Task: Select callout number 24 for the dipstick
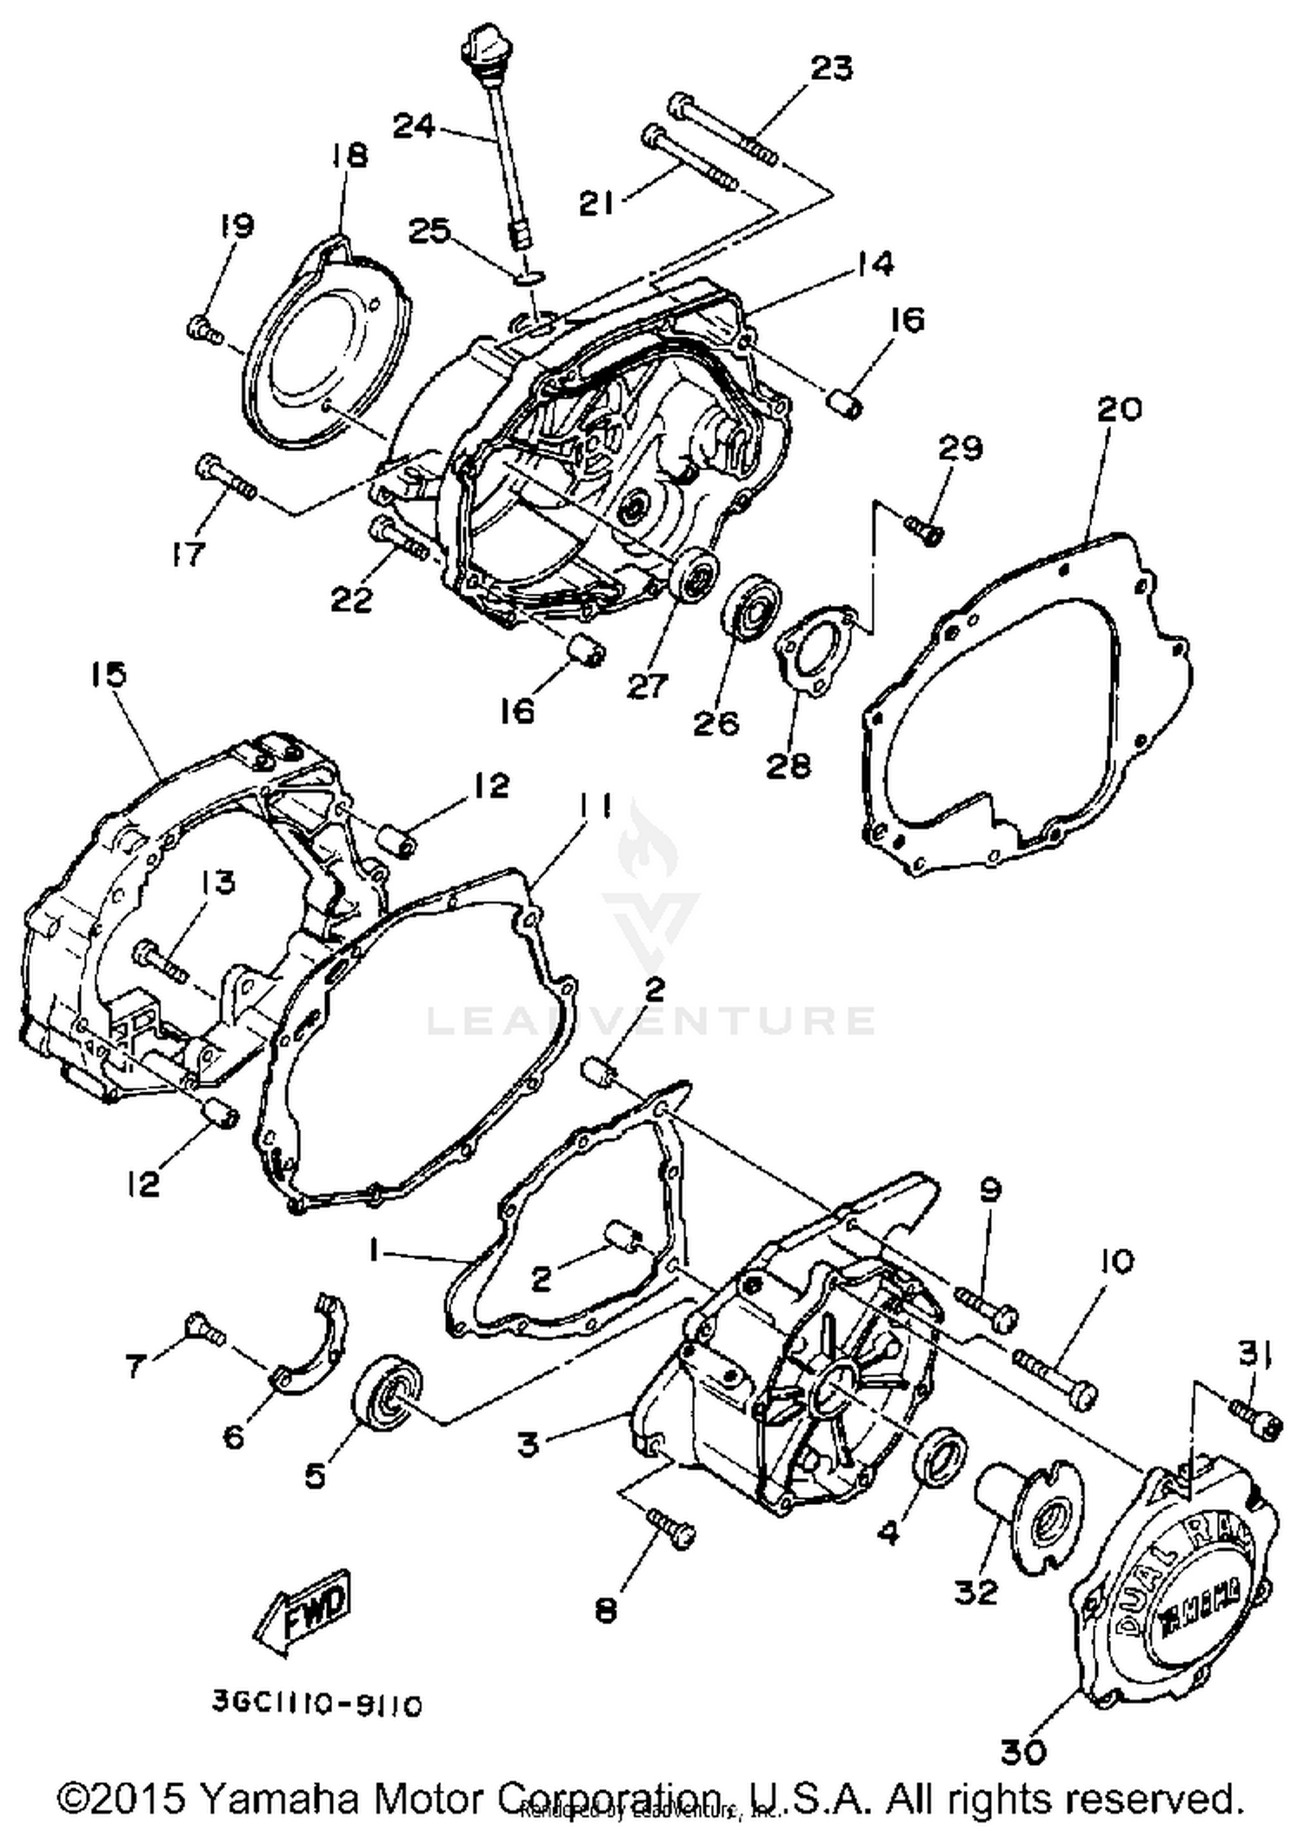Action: pyautogui.click(x=414, y=126)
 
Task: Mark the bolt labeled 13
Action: pyautogui.click(x=161, y=960)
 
